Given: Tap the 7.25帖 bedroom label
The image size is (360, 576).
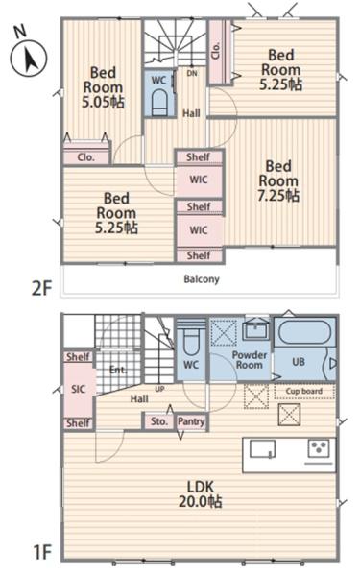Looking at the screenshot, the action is [278, 180].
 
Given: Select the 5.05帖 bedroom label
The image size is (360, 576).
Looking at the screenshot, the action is [103, 87].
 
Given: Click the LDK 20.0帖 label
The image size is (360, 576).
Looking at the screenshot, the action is [201, 494].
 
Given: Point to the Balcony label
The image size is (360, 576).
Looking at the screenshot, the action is [202, 279].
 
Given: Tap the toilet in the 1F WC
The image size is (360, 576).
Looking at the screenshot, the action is [191, 342].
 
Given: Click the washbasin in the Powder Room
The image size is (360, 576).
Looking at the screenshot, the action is [256, 330].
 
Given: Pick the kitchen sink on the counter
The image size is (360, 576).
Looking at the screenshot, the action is [263, 449].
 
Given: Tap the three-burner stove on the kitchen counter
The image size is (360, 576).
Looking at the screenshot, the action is [319, 448].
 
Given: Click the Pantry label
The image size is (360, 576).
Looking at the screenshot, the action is [191, 421].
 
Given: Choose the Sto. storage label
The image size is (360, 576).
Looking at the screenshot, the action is [159, 421].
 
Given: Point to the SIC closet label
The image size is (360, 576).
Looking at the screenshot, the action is [78, 389].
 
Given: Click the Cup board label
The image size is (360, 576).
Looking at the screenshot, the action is [304, 392].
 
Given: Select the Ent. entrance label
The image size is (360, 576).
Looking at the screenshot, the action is [118, 370].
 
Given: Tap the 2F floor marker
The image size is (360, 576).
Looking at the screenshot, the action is [41, 288].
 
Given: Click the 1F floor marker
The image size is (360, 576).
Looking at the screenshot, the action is [42, 552].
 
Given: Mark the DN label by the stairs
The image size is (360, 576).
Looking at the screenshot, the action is [192, 74].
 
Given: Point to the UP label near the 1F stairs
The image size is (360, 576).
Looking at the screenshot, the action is [159, 389].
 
